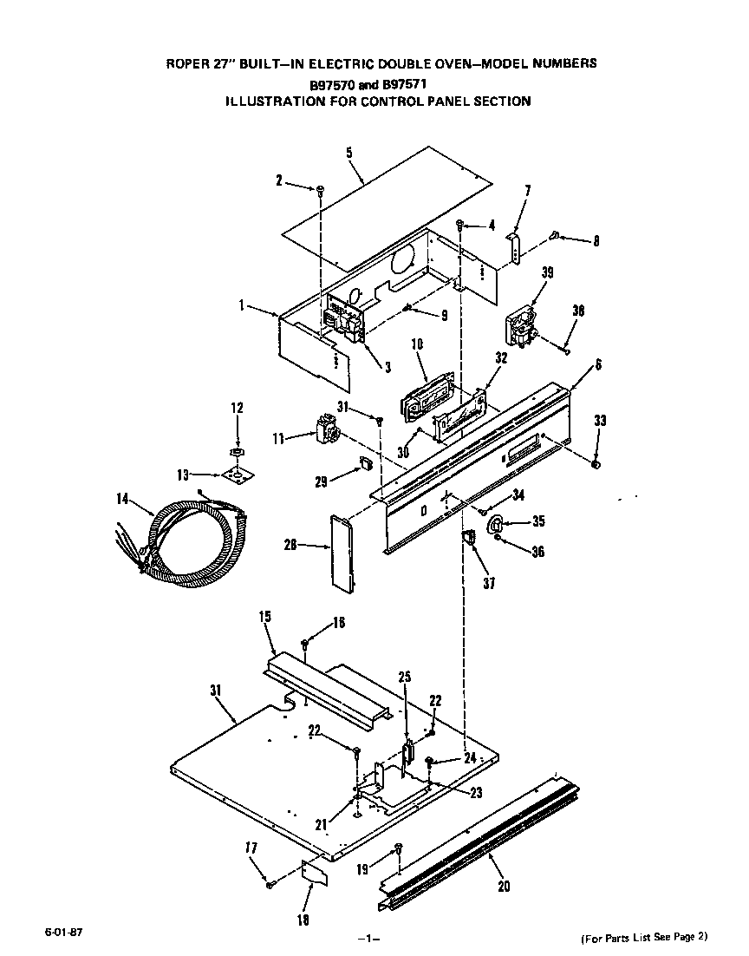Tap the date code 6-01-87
pos(59,933)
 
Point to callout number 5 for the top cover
pos(348,154)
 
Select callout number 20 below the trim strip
pos(505,886)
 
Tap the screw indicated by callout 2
pos(321,188)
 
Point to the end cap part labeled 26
pos(342,553)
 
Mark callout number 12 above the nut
pos(237,408)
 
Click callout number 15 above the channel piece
pos(265,617)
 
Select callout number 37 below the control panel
pos(490,583)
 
